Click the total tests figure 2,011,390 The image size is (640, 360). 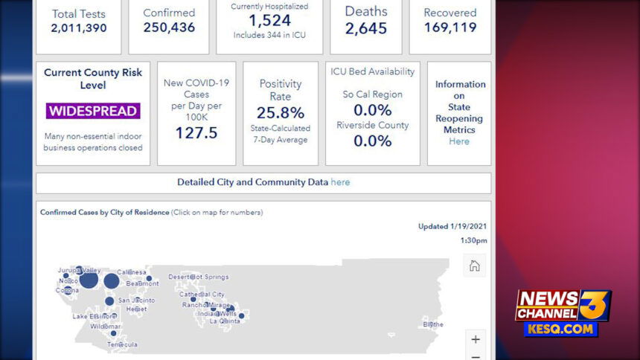coord(78,28)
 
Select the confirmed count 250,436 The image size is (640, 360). coord(169,28)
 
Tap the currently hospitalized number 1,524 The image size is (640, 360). coord(269,21)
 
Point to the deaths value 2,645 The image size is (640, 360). coord(366,29)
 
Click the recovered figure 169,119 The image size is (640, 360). coord(450,28)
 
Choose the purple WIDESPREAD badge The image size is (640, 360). coord(93,111)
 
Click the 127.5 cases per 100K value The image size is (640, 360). coord(196,132)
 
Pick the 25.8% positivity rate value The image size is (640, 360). coord(281,113)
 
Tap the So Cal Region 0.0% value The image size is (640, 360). coord(372,110)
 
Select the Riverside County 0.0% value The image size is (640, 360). coord(372,141)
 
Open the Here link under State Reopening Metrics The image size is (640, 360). coord(459,141)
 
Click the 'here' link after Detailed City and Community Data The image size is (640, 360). coord(340,182)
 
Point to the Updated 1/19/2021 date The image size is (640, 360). coord(452,227)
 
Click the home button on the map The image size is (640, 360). coord(474,266)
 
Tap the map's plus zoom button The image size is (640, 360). coord(475,339)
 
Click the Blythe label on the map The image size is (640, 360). coord(432,324)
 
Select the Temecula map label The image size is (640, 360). coord(122,344)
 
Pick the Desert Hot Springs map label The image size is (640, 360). coord(199,277)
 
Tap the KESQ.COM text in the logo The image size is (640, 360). coord(561,329)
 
